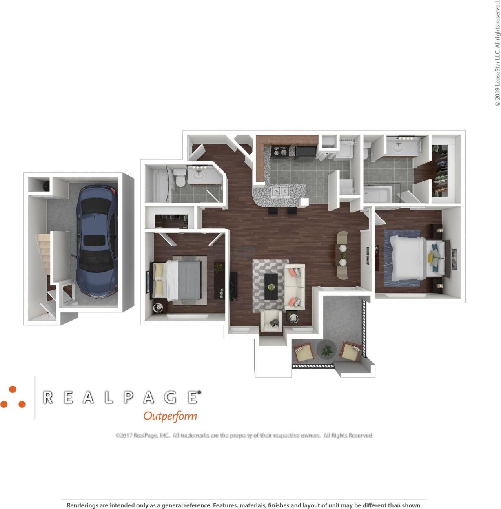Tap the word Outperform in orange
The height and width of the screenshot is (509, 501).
[170, 416]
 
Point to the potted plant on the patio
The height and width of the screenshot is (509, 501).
[326, 350]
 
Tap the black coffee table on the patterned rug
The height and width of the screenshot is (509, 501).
[271, 286]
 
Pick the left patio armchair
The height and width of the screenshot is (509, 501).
[303, 353]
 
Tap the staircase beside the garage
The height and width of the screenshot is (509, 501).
[44, 255]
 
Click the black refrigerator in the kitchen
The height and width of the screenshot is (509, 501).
[306, 152]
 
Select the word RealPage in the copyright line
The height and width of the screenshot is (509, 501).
[146, 436]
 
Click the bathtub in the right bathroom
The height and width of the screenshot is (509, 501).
[377, 194]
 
